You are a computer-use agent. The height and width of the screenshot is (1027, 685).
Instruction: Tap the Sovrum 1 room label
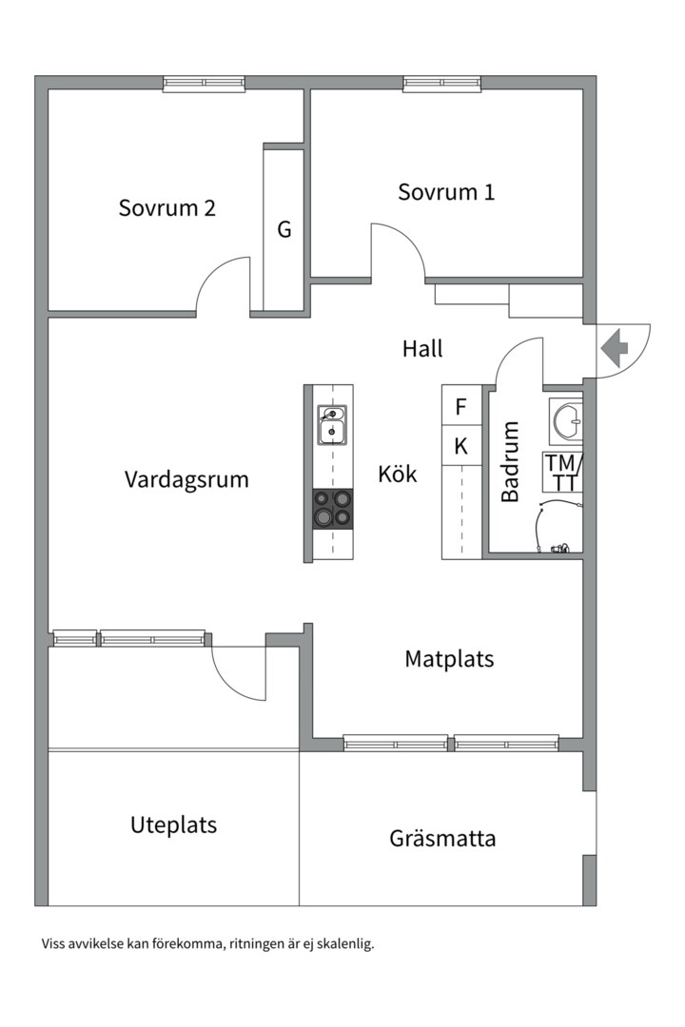446,192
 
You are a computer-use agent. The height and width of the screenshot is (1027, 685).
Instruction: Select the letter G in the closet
284,229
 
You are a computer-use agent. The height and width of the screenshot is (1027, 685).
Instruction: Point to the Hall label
422,349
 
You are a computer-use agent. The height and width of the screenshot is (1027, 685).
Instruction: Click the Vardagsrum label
186,479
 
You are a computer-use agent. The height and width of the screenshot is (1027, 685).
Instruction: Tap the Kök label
398,474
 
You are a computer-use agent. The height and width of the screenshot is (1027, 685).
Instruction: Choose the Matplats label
449,658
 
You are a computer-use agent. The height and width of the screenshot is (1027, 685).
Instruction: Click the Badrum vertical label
511,461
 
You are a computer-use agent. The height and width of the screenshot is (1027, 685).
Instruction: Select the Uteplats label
173,824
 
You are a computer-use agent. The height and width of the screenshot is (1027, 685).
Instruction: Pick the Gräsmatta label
442,839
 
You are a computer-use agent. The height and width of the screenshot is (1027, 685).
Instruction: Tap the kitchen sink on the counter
331,425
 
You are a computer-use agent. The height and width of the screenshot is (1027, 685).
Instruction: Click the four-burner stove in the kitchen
331,508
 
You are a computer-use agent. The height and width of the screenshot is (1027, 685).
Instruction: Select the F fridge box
461,407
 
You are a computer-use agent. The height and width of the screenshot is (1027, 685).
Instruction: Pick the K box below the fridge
461,445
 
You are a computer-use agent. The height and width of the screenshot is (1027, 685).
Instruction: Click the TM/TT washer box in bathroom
563,473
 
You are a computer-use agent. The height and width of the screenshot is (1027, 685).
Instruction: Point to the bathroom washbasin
567,420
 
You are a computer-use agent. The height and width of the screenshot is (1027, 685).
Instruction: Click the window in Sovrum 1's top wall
442,85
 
